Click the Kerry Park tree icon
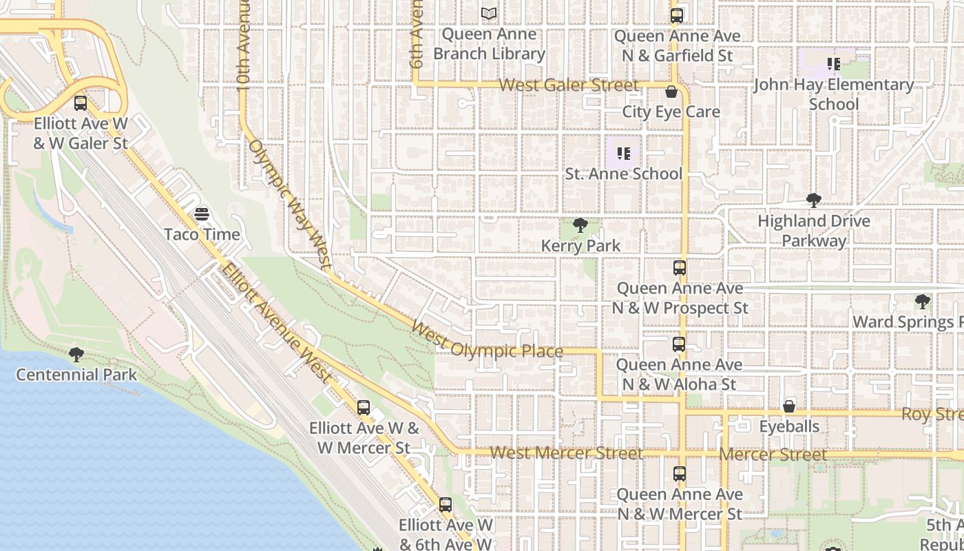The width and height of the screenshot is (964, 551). tap(580, 225)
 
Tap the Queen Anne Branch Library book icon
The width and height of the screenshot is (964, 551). tap(489, 13)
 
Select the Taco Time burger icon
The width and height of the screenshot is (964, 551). tap(202, 214)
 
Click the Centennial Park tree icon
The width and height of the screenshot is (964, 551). tap(76, 354)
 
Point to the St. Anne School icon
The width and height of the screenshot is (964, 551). tap(624, 153)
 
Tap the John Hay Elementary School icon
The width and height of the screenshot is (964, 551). tap(834, 64)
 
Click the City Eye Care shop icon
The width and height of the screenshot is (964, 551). tap(671, 92)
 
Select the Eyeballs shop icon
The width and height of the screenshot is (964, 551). tap(789, 406)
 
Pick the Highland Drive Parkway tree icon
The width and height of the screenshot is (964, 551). tap(814, 200)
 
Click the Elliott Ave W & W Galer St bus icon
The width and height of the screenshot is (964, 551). tap(81, 103)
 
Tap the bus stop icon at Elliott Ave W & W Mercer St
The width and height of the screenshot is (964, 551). tap(364, 407)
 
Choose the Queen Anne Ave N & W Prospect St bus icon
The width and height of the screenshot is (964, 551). tap(680, 267)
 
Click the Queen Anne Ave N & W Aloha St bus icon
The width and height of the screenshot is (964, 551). tap(679, 344)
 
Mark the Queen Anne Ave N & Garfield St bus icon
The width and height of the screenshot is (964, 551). tap(677, 15)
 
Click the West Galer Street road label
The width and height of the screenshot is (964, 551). tap(569, 85)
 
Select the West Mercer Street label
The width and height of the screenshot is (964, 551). tap(566, 453)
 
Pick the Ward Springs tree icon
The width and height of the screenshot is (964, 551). tap(922, 301)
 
